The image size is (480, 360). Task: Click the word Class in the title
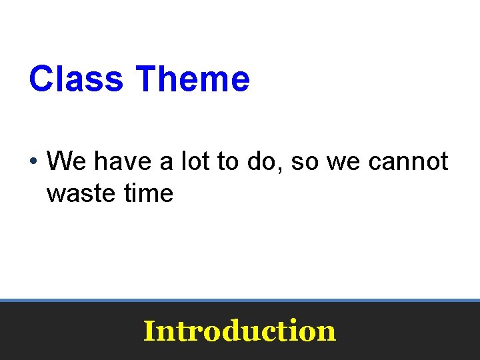click(x=76, y=79)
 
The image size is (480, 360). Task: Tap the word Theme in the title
click(x=192, y=79)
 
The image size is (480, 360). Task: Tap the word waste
click(x=80, y=194)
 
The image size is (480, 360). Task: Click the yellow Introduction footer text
click(x=239, y=331)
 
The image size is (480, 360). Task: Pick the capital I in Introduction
click(x=149, y=330)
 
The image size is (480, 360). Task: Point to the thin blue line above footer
click(x=240, y=301)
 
